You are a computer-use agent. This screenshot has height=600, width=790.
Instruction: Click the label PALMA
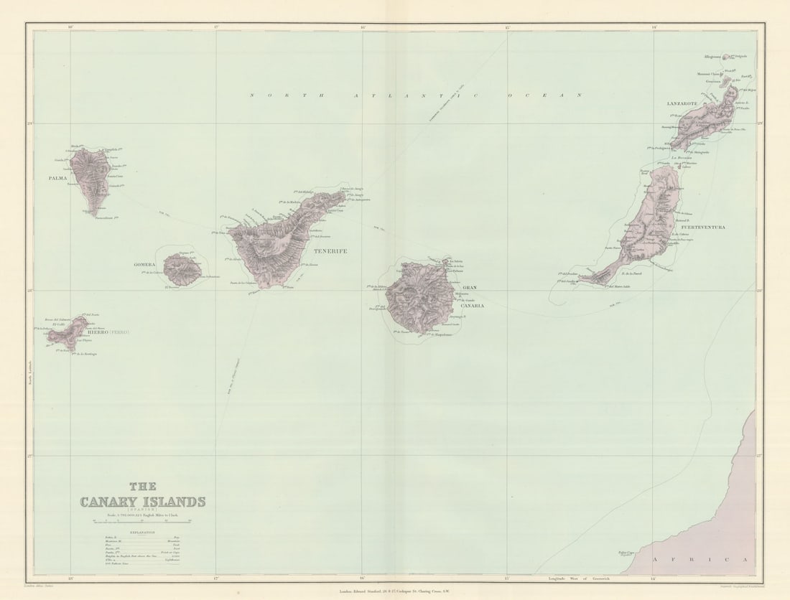pos(57,178)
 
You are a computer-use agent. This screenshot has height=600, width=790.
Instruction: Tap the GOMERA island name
pos(144,265)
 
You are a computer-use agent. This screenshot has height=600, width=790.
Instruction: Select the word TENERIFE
pos(330,251)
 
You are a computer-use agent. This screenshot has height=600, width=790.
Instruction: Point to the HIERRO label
pos(97,332)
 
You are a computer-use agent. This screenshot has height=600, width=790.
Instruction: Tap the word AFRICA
pos(700,559)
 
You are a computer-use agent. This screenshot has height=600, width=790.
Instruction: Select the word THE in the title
pos(142,487)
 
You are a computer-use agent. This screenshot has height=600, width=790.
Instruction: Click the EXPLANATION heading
pos(141,533)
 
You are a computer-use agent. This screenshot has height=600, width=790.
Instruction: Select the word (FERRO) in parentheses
pos(119,332)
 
